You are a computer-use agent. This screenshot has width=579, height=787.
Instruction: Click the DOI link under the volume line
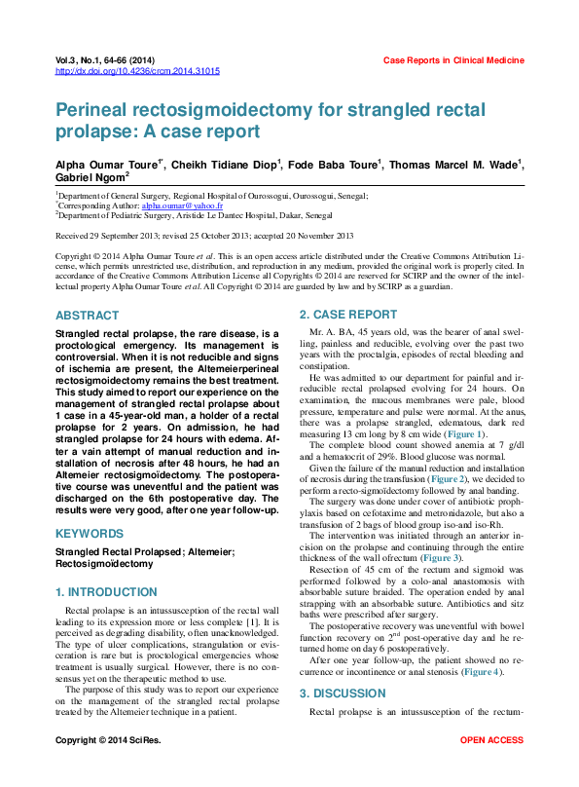coord(137,71)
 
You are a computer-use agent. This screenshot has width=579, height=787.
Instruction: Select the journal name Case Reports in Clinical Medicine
coord(452,60)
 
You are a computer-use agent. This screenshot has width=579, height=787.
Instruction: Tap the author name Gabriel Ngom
coord(91,179)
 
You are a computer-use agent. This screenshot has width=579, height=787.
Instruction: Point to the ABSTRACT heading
coord(88,316)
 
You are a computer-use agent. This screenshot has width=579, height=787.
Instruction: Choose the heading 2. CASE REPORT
coord(347,315)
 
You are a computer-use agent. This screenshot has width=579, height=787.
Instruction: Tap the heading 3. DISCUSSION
coord(343,693)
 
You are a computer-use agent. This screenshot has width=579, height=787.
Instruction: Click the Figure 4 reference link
coord(482,672)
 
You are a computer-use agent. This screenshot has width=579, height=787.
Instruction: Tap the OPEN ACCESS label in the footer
coord(491,768)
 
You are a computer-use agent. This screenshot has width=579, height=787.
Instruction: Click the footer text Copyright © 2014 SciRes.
coord(109,768)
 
